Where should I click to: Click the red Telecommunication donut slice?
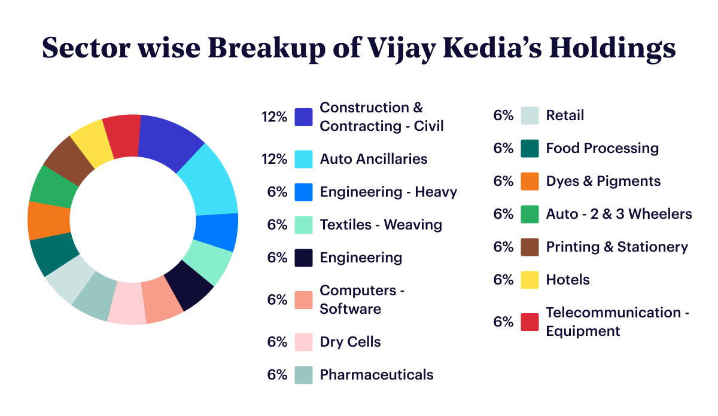[x=122, y=136]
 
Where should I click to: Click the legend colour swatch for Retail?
[x=530, y=116]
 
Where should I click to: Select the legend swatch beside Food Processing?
[x=530, y=148]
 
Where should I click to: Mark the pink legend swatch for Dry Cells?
[x=304, y=342]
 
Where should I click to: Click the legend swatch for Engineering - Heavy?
[x=304, y=192]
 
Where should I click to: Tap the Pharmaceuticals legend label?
[x=376, y=375]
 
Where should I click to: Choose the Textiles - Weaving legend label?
[x=381, y=225]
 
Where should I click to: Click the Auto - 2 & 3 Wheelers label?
[x=619, y=214]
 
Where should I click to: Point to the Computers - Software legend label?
[x=362, y=299]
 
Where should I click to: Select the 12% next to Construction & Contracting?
[x=275, y=117]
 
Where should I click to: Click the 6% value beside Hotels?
[x=503, y=280]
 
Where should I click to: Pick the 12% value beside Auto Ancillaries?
[x=275, y=159]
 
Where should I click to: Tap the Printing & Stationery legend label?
[x=617, y=247]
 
